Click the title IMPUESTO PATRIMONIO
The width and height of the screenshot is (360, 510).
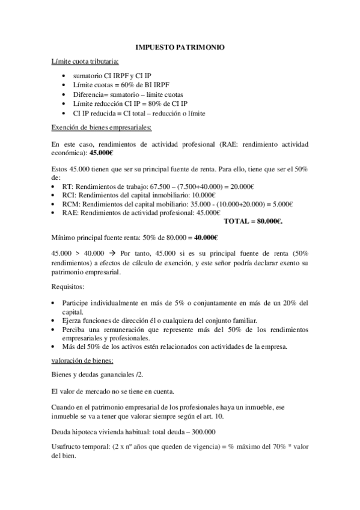[x=180, y=47]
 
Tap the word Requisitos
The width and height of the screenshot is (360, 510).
[x=69, y=287]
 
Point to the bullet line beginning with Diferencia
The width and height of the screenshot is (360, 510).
[x=128, y=95]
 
